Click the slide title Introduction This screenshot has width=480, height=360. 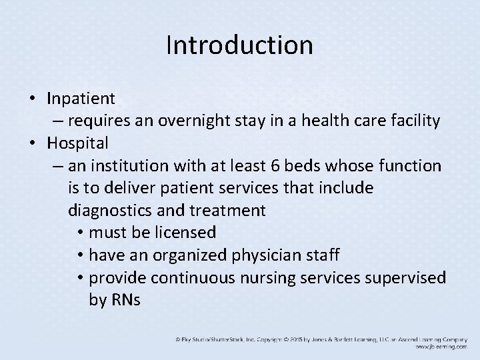click(239, 45)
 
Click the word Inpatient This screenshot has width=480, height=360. click(81, 99)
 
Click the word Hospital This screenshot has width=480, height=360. click(78, 143)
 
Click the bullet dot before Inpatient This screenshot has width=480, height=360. click(32, 99)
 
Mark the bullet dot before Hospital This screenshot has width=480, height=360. click(32, 143)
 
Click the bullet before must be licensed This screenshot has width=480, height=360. click(79, 233)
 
